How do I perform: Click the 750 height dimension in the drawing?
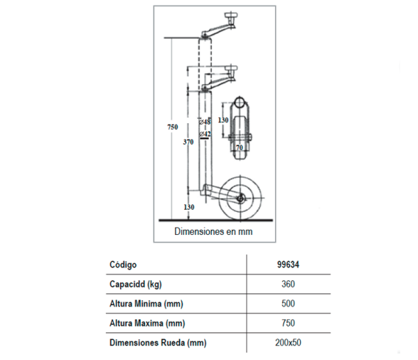(x=173, y=127)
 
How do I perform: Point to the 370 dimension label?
(x=188, y=142)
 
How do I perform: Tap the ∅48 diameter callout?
(x=205, y=122)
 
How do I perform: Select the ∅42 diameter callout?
(x=205, y=134)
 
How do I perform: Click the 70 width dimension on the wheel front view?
(x=240, y=147)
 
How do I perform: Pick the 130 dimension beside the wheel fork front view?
(x=223, y=120)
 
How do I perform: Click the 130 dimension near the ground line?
(x=189, y=207)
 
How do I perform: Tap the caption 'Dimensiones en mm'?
(x=213, y=231)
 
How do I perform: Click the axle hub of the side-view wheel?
(x=241, y=198)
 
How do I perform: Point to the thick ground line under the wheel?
(x=215, y=221)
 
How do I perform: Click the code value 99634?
(x=288, y=265)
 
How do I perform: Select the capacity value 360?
(x=288, y=284)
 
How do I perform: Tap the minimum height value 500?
(x=288, y=303)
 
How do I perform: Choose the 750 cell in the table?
(x=288, y=323)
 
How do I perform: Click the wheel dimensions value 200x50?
(x=288, y=342)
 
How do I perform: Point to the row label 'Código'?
(x=123, y=265)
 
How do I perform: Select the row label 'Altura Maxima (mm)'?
(x=147, y=323)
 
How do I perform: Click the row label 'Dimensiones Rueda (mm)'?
(x=158, y=343)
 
